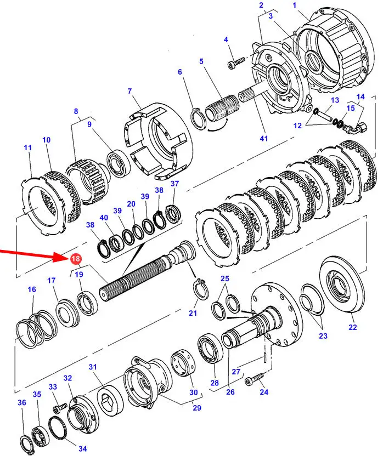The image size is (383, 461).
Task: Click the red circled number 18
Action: [x=75, y=258]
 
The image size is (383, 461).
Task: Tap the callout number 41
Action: [x=264, y=138]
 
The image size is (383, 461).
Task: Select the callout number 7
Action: [x=129, y=91]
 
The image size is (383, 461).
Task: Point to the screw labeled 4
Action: [x=236, y=62]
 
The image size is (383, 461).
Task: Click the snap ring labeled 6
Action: [x=199, y=118]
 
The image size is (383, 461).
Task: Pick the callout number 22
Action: [x=353, y=327]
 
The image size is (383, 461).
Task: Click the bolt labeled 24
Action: [x=255, y=378]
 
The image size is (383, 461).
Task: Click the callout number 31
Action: [x=93, y=367]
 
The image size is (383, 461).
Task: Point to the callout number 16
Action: [x=31, y=289]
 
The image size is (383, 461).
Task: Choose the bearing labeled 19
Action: [x=87, y=303]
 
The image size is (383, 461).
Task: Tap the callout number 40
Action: [x=104, y=218]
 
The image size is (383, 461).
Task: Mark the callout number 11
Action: [x=27, y=147]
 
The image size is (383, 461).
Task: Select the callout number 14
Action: [x=361, y=96]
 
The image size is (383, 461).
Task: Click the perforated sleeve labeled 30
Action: [x=183, y=362]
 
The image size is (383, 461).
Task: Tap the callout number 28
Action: [x=215, y=383]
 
